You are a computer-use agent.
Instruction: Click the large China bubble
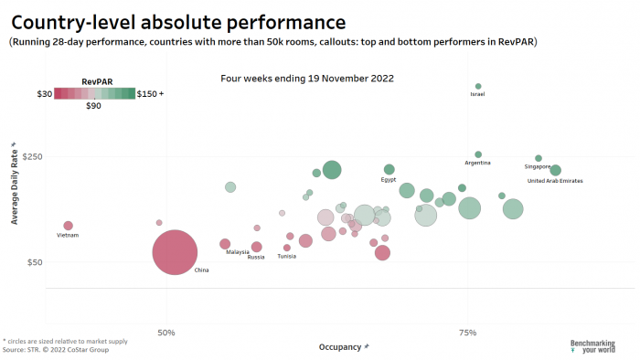[x=175, y=252]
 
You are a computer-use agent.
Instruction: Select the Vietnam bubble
[x=68, y=226]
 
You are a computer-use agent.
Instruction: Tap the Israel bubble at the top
[x=478, y=87]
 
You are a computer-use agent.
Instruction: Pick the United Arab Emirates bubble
[x=555, y=170]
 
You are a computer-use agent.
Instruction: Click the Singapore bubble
[x=539, y=158]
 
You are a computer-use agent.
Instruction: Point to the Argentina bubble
[x=478, y=154]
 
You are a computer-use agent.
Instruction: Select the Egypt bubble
[x=389, y=169]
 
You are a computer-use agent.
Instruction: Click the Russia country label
[x=256, y=257]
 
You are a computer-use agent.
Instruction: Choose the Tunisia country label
[x=287, y=257]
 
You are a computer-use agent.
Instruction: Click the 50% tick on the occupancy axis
[x=166, y=333]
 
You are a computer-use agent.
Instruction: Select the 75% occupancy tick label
[x=467, y=333]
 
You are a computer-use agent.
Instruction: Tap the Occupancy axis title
[x=344, y=347]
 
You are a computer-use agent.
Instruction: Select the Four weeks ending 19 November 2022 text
[x=307, y=79]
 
